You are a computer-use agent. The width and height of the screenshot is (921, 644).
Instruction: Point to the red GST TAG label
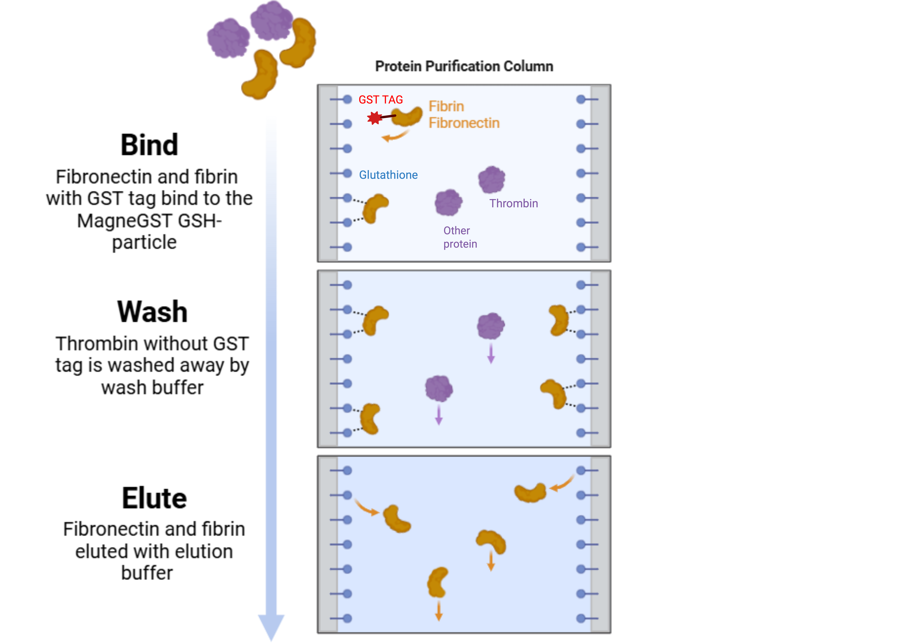coord(380,99)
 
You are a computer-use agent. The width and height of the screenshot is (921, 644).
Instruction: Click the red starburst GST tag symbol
coord(375,118)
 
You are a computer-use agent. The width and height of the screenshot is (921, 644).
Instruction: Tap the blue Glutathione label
coord(388,175)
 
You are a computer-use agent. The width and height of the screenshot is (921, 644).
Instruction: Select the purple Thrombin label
coord(513,203)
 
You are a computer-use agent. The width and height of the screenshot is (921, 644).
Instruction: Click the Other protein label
coord(460,237)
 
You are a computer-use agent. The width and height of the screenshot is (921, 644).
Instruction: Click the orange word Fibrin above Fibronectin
coord(446,106)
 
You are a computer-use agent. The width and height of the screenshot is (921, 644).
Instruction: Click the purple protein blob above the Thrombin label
coord(491,179)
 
